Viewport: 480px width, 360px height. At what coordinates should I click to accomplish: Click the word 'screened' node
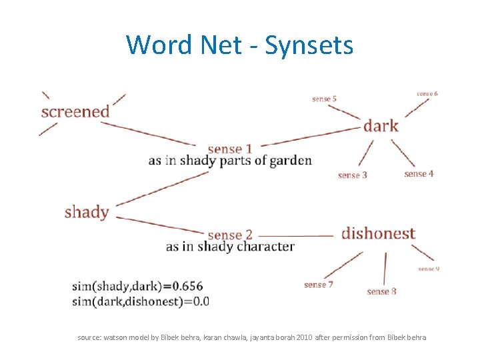[75, 111]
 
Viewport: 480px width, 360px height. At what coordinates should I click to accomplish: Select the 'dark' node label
[381, 125]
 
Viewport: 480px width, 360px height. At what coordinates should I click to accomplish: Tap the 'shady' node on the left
[87, 212]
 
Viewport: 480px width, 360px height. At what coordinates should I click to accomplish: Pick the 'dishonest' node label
[378, 233]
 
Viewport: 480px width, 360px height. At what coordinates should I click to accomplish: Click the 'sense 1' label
[230, 149]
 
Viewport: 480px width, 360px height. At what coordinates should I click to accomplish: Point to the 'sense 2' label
[230, 235]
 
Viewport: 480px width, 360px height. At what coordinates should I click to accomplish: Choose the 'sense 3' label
[353, 175]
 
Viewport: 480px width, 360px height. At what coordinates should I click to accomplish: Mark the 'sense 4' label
[419, 174]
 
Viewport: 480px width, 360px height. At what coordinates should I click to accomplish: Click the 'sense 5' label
[324, 99]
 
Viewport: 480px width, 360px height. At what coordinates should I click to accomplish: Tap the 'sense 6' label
[427, 94]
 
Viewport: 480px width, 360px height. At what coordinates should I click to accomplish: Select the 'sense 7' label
[319, 285]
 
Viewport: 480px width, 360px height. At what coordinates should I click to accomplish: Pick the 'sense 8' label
[382, 291]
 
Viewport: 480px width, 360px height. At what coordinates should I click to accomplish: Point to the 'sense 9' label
[429, 269]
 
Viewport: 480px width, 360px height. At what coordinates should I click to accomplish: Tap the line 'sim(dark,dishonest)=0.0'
[141, 301]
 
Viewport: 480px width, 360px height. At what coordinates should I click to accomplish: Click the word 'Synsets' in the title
[309, 45]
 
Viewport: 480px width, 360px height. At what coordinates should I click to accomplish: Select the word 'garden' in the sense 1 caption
[291, 161]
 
